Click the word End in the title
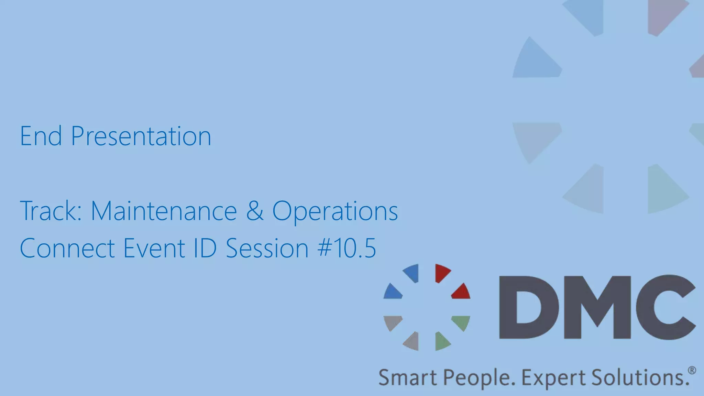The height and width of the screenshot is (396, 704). (x=41, y=136)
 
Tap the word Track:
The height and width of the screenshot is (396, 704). (x=51, y=211)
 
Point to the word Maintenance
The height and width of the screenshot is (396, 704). (x=164, y=211)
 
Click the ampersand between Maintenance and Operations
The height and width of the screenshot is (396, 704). (x=255, y=211)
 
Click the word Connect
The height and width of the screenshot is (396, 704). (x=67, y=248)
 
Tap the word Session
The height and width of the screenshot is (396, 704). (x=267, y=248)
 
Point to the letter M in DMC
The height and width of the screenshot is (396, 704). (x=597, y=307)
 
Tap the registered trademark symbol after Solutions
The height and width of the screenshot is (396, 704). (x=692, y=371)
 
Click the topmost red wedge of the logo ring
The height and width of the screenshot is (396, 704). (x=442, y=273)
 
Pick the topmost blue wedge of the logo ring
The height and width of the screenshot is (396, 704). (x=412, y=273)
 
